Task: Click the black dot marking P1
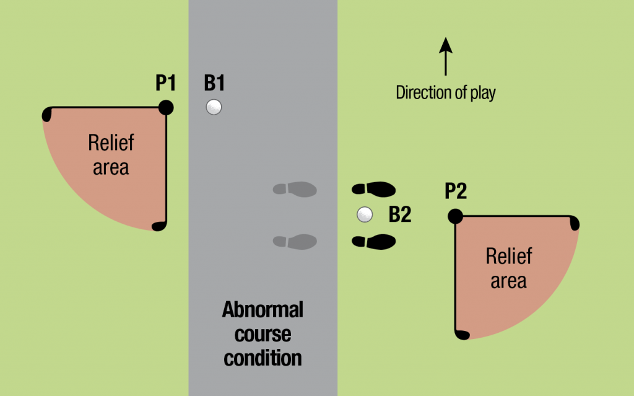coord(166,108)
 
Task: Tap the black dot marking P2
coord(455,216)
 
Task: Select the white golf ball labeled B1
coord(214,107)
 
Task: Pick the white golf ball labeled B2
coord(365,214)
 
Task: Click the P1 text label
coord(166,82)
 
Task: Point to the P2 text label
coord(456,191)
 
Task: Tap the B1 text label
coord(214,82)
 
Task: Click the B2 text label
coord(400,214)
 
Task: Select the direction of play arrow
coord(446,56)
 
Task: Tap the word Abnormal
coord(263,310)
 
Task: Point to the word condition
coord(263,358)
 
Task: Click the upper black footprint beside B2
coord(373,189)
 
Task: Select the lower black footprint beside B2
coord(373,242)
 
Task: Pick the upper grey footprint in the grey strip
coord(295,189)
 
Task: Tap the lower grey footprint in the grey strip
coord(295,242)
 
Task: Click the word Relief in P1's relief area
coord(111,143)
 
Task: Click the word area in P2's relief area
coord(509,281)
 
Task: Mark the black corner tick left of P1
coord(47,114)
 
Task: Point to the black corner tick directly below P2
coord(462,335)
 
